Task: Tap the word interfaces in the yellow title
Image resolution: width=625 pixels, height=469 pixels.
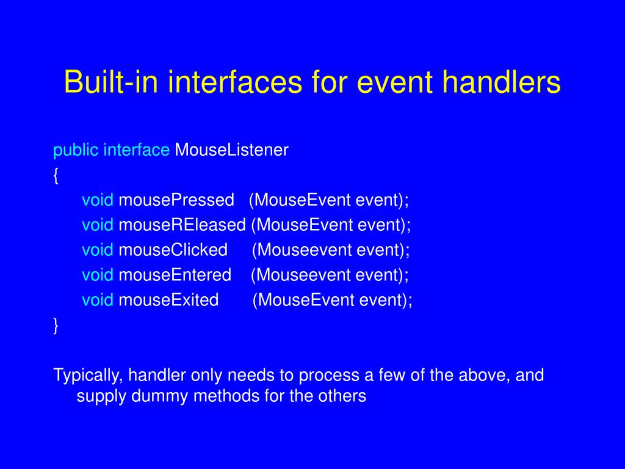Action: pyautogui.click(x=235, y=82)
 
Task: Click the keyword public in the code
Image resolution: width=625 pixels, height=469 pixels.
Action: pyautogui.click(x=76, y=151)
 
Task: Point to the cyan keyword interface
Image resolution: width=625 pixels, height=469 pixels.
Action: pyautogui.click(x=137, y=150)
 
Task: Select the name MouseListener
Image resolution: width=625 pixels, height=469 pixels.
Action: pyautogui.click(x=231, y=150)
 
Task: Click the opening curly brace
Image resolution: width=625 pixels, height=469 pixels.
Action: pyautogui.click(x=56, y=175)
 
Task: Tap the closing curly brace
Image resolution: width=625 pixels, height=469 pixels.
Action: pyautogui.click(x=56, y=325)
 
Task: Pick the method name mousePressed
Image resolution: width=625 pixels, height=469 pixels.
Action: pyautogui.click(x=176, y=200)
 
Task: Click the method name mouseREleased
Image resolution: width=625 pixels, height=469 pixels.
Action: pyautogui.click(x=182, y=225)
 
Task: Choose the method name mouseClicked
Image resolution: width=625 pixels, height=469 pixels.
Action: pyautogui.click(x=173, y=250)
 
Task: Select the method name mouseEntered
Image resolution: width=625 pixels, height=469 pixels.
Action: pyautogui.click(x=175, y=275)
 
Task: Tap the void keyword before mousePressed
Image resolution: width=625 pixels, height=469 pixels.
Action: pyautogui.click(x=98, y=200)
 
